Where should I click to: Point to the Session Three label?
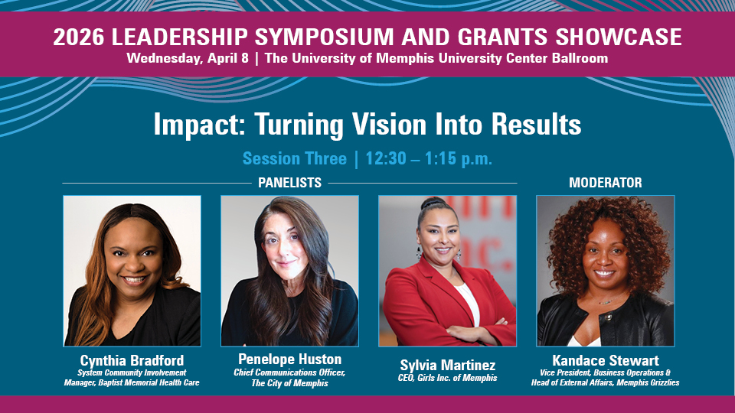294,159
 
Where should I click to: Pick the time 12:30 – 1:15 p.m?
429,159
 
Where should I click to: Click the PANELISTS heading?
289,183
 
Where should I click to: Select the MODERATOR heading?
605,183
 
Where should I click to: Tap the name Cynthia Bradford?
132,360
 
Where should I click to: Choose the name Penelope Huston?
289,359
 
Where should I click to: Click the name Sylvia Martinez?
447,365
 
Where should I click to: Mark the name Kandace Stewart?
605,360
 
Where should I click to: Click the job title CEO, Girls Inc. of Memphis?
447,377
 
